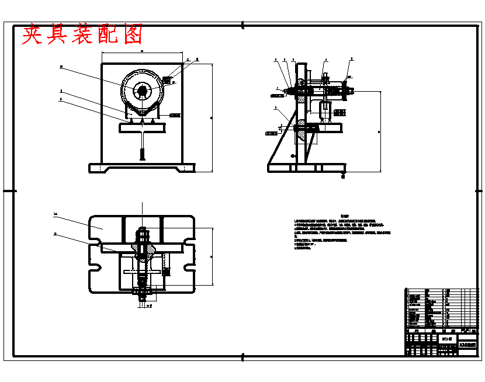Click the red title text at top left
pyautogui.click(x=82, y=36)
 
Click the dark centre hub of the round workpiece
pyautogui.click(x=142, y=91)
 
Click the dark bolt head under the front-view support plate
pyautogui.click(x=143, y=155)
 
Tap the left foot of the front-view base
pyautogui.click(x=98, y=168)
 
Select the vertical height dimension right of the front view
pyautogui.click(x=211, y=117)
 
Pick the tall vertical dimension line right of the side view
pyautogui.click(x=380, y=131)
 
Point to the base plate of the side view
pyautogui.click(x=304, y=168)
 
